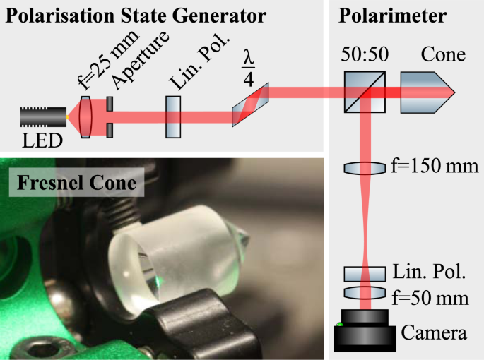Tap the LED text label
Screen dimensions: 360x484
[x=42, y=140]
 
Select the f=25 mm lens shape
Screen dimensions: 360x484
[x=86, y=116]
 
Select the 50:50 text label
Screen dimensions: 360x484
[x=365, y=55]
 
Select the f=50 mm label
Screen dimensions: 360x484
[x=430, y=298]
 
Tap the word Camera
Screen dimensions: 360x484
[x=435, y=331]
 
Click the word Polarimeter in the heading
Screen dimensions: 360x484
[x=382, y=15]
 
